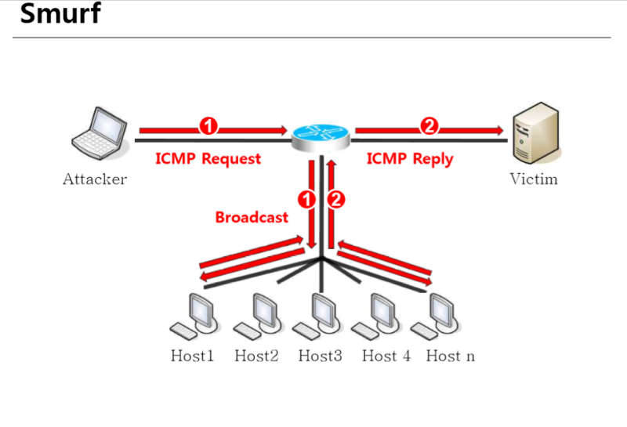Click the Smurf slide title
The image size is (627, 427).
[60, 13]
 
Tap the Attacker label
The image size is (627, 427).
[95, 179]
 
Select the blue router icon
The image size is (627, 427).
[321, 136]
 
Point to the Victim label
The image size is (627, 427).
[534, 179]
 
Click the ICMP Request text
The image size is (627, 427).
[208, 158]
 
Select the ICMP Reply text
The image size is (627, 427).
[410, 158]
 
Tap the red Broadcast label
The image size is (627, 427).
[252, 217]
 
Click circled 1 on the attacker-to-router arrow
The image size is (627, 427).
[208, 125]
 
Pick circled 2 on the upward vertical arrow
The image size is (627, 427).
[336, 200]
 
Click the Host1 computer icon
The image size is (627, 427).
[194, 316]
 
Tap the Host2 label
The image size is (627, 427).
[256, 356]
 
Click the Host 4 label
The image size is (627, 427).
[386, 356]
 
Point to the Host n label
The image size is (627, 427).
[450, 356]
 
